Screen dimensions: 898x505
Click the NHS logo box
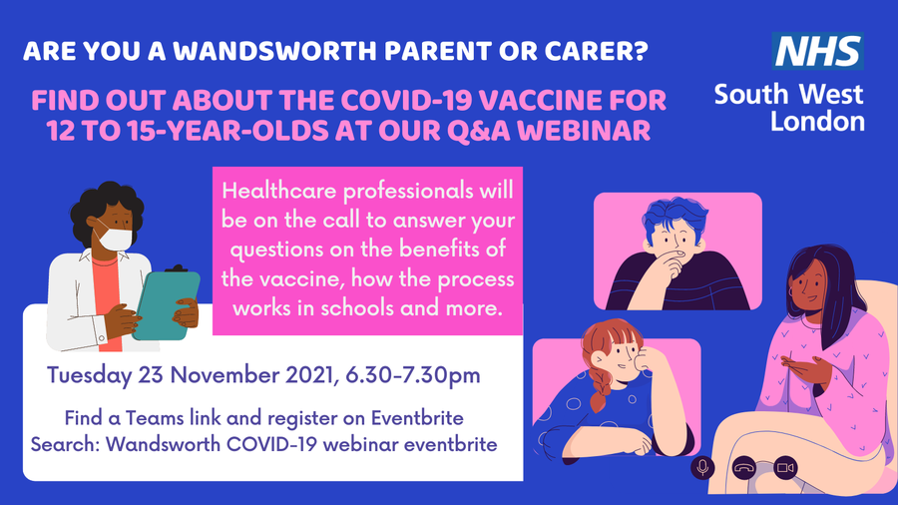817,51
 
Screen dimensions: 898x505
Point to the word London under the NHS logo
817,122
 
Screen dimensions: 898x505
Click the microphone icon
702,468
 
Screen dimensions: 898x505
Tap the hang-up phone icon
744,468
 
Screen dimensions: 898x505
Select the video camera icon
785,468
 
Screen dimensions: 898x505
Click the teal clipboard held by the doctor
167,304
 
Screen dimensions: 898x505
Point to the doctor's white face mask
116,239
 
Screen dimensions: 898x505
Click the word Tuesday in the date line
90,375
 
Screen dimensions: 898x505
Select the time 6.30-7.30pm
413,375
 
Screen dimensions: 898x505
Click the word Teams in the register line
154,418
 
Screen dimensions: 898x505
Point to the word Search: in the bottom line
65,444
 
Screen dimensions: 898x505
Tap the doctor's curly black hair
107,204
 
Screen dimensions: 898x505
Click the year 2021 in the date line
309,375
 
